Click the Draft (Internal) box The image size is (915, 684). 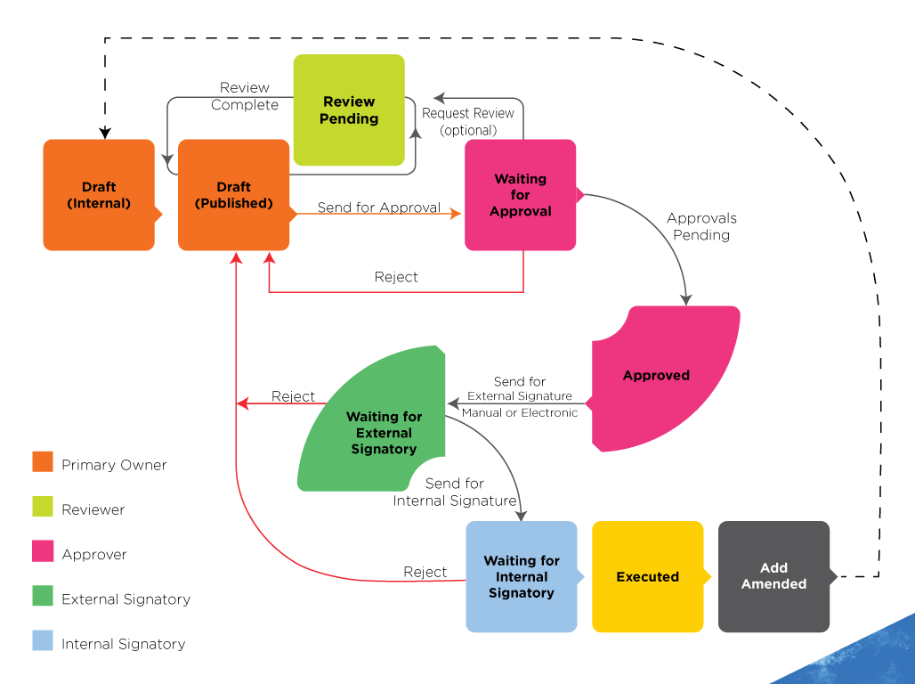point(98,195)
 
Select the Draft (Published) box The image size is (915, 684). point(233,195)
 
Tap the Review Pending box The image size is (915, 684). point(349,110)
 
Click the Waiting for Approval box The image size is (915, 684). point(521,195)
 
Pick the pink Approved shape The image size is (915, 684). point(663,376)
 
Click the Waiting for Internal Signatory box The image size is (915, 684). point(521,577)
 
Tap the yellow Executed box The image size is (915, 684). point(647,577)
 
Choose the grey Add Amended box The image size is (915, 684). point(773,577)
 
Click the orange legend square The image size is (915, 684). point(43,461)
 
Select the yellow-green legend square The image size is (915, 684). point(43,506)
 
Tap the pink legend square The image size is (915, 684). point(43,550)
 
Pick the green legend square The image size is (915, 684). point(43,595)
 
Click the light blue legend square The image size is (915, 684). point(43,640)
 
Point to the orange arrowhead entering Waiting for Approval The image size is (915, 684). point(457,214)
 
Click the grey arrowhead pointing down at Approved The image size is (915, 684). point(685,299)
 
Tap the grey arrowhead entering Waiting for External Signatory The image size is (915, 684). point(453,403)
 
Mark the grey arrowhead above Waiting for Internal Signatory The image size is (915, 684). point(521,515)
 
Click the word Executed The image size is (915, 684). point(647,577)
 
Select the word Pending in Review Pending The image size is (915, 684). point(349,118)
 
